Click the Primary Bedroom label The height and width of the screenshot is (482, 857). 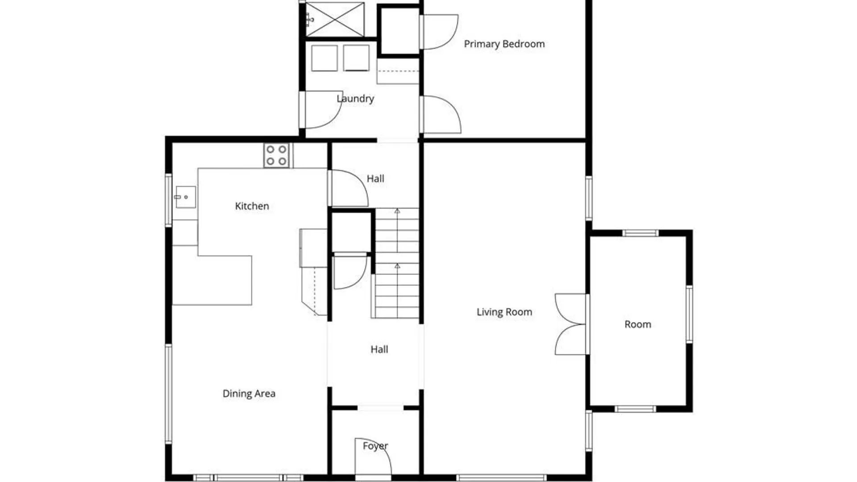pyautogui.click(x=504, y=44)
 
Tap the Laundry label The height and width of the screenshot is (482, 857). pyautogui.click(x=355, y=99)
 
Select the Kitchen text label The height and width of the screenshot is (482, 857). pyautogui.click(x=252, y=206)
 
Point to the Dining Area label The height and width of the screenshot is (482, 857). pyautogui.click(x=249, y=394)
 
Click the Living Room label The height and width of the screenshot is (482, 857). pyautogui.click(x=504, y=312)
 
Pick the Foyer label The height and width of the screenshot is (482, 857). pyautogui.click(x=375, y=446)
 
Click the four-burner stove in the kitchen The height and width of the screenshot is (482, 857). pyautogui.click(x=276, y=155)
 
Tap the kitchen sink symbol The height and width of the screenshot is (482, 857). pyautogui.click(x=185, y=197)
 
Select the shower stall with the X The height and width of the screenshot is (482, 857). pyautogui.click(x=335, y=20)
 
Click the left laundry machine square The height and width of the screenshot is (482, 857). pyautogui.click(x=324, y=58)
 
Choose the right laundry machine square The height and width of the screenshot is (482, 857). pyautogui.click(x=356, y=58)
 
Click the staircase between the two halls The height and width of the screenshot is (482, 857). pyautogui.click(x=397, y=263)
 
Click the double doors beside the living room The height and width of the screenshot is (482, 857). pyautogui.click(x=570, y=324)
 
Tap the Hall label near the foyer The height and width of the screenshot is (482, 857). pyautogui.click(x=379, y=349)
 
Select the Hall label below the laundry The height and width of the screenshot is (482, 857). pyautogui.click(x=375, y=179)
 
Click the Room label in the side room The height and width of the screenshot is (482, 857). pyautogui.click(x=638, y=324)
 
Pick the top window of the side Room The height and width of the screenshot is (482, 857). pyautogui.click(x=640, y=233)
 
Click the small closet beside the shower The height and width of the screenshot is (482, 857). pyautogui.click(x=399, y=30)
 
